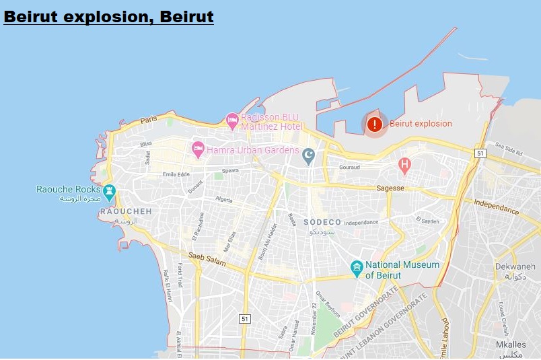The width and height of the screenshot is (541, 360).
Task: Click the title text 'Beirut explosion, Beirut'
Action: [108, 15]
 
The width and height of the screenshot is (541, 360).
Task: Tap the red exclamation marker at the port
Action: [375, 124]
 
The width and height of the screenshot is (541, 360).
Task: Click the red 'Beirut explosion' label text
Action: [421, 124]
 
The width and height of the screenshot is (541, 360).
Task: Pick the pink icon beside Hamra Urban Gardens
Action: [198, 149]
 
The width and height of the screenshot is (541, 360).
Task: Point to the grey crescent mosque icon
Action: [308, 156]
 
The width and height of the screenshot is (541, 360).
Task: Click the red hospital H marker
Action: [404, 164]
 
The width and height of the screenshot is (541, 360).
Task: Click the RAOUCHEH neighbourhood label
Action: [126, 211]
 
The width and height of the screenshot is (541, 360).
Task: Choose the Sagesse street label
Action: [390, 188]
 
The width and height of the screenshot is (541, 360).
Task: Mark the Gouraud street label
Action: [350, 167]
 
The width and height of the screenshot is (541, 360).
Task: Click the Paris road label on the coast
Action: [149, 120]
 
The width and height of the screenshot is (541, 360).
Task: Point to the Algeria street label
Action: [223, 201]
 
